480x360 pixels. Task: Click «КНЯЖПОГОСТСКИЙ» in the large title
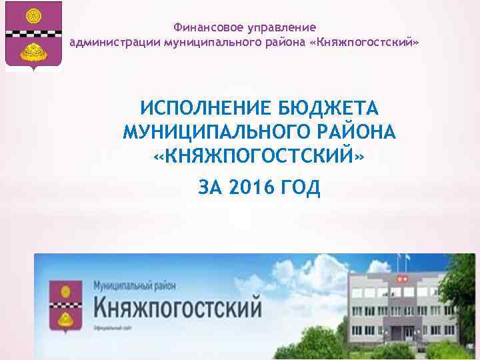pyautogui.click(x=259, y=157)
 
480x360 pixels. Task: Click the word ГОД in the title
pyautogui.click(x=299, y=189)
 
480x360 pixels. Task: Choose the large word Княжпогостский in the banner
pyautogui.click(x=177, y=307)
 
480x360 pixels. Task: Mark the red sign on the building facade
pyautogui.click(x=401, y=275)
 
